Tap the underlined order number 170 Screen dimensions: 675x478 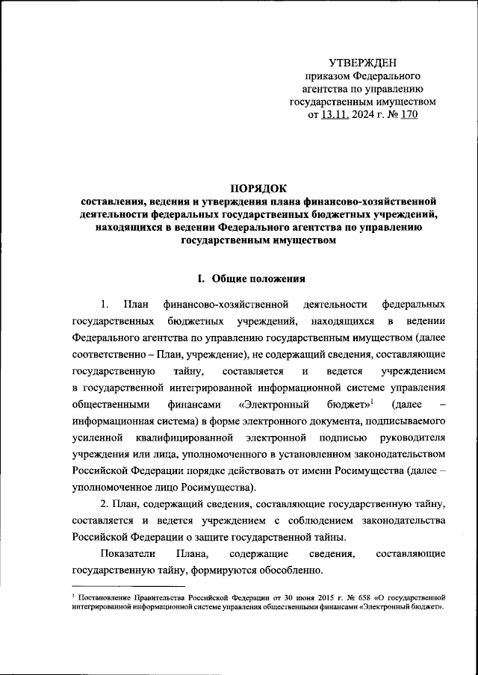(409, 114)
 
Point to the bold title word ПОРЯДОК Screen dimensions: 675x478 (258, 187)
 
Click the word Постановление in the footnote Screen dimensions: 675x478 (105, 598)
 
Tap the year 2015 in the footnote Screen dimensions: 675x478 (291, 598)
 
